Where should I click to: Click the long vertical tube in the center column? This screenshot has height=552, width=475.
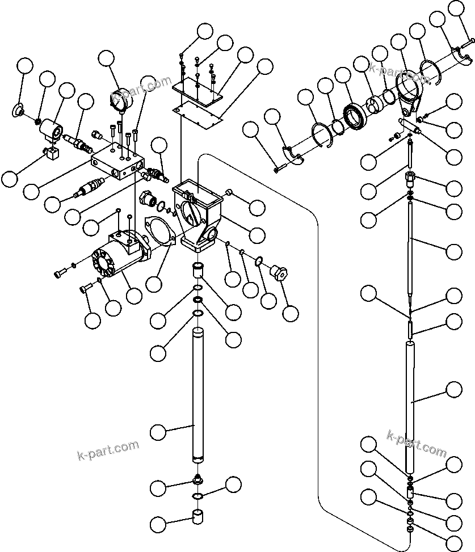[x=198, y=394]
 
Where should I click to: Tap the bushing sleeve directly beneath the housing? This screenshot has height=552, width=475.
[x=198, y=270]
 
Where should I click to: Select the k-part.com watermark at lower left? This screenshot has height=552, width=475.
[x=107, y=449]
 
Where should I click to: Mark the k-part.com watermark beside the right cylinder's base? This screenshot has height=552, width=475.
[x=417, y=443]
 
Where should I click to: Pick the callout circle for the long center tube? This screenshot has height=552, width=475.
[x=159, y=432]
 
